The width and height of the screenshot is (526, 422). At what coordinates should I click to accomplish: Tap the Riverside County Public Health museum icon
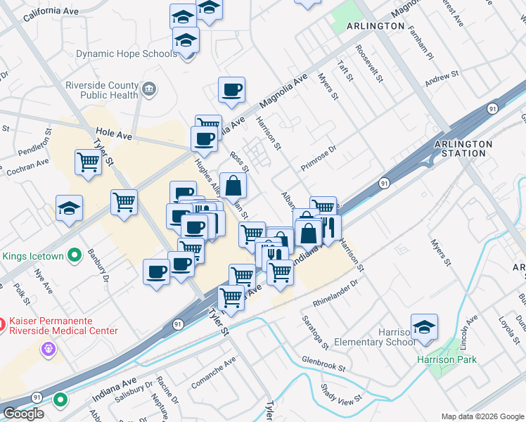[149, 89]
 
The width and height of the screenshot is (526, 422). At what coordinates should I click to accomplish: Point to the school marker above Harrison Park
[425, 328]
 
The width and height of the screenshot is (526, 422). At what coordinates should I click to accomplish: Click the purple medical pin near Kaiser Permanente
[48, 347]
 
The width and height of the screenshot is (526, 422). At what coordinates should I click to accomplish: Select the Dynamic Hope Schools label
[127, 53]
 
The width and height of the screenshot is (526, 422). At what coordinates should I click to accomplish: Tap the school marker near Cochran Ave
[70, 209]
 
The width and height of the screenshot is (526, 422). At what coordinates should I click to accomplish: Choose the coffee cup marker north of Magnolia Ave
[231, 90]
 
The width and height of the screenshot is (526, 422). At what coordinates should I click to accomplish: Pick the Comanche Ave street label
[215, 374]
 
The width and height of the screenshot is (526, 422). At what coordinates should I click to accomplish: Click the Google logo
[23, 414]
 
